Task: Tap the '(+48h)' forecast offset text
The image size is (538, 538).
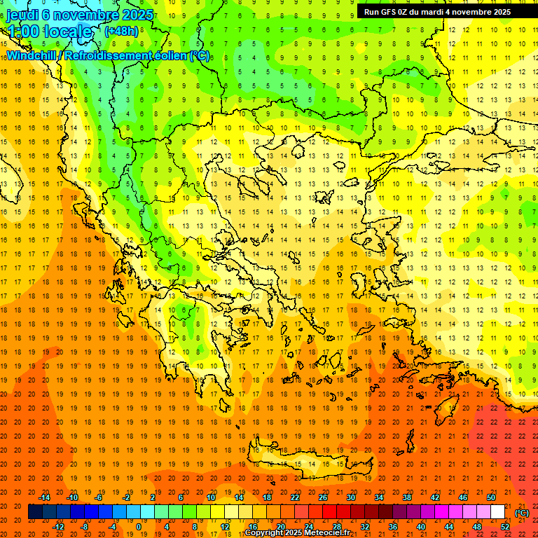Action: click(121, 31)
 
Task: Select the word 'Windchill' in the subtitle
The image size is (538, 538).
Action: click(34, 55)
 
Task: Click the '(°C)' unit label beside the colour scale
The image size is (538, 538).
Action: click(522, 512)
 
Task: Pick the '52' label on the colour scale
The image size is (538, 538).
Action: click(505, 527)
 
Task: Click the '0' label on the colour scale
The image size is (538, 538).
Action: click(139, 527)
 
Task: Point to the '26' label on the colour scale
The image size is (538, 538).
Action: click(323, 497)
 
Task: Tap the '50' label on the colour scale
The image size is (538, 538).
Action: click(491, 497)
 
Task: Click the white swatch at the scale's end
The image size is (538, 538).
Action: click(498, 512)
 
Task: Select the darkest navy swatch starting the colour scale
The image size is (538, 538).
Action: click(35, 512)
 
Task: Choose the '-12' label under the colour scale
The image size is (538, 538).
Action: click(59, 527)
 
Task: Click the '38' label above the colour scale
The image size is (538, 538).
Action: click(407, 497)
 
